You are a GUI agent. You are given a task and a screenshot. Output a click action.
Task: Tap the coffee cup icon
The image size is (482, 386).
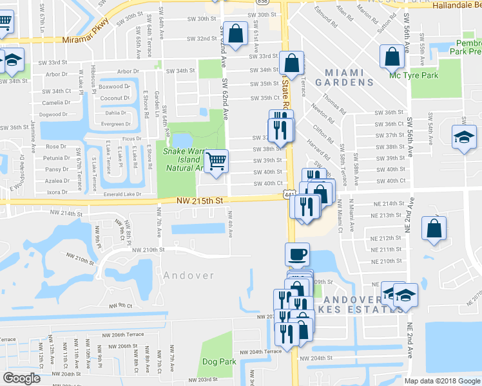click(297, 254)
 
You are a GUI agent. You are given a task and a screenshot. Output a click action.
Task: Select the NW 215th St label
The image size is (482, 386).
click(200, 201)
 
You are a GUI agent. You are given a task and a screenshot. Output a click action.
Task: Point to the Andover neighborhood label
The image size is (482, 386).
click(189, 275)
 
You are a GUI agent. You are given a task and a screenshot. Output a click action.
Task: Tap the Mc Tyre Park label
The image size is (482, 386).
click(413, 74)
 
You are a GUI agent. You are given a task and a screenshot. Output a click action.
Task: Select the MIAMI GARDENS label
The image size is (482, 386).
click(349, 78)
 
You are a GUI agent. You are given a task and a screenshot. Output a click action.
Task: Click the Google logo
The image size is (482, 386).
click(21, 378)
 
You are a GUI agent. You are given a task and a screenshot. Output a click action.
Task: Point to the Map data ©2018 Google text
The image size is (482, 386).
click(442, 381)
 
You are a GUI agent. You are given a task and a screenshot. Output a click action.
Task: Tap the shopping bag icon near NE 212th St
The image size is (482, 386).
click(434, 228)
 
